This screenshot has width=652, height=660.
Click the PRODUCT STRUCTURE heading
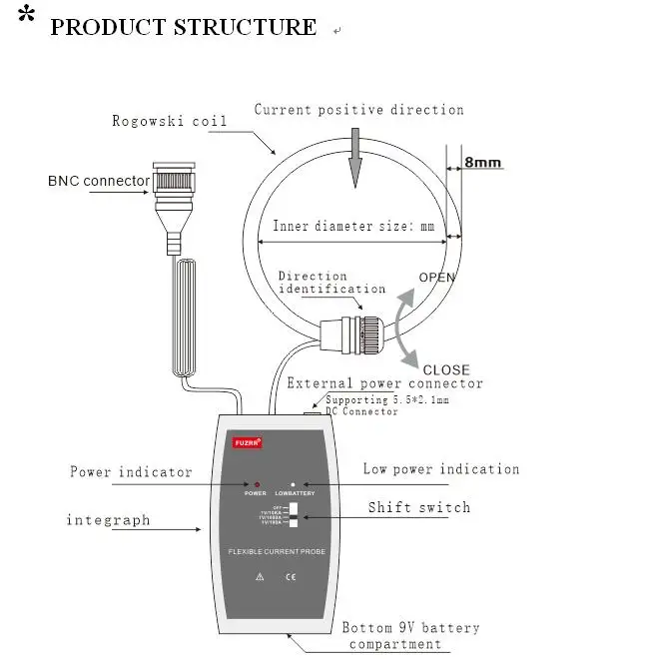(x=183, y=27)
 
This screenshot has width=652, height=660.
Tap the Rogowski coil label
(x=170, y=122)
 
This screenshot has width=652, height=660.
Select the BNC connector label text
(x=99, y=182)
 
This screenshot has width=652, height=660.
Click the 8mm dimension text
(x=482, y=162)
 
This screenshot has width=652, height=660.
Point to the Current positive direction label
(x=358, y=110)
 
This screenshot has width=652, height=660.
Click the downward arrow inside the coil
(x=352, y=164)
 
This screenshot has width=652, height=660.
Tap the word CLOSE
(x=445, y=369)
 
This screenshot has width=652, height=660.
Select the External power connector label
(x=384, y=383)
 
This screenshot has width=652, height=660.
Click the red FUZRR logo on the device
(x=246, y=440)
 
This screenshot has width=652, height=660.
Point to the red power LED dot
(x=258, y=483)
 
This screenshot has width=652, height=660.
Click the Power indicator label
(x=131, y=472)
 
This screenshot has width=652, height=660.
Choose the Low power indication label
(x=441, y=469)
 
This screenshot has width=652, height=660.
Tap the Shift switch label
(x=418, y=507)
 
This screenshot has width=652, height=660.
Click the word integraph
(x=108, y=520)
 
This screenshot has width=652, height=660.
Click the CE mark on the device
(x=291, y=576)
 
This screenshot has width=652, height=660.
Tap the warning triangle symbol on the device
(x=260, y=576)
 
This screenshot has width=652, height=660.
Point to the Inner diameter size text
(x=354, y=227)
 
